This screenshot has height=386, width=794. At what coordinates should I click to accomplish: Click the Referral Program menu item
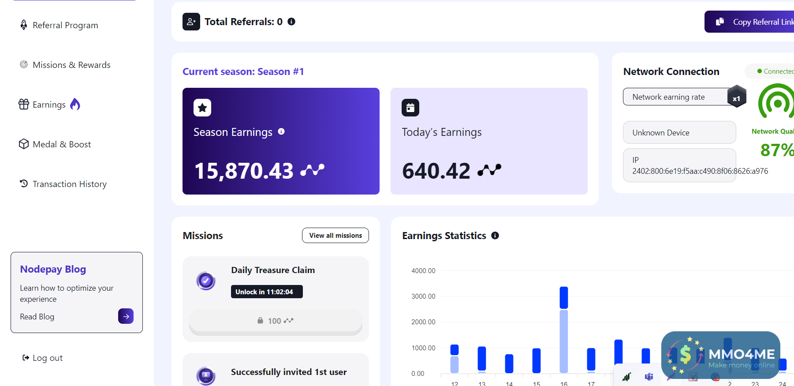pyautogui.click(x=65, y=25)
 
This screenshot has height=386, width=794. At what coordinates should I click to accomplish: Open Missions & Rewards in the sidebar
pyautogui.click(x=71, y=65)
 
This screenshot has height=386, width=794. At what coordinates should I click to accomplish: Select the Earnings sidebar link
pyautogui.click(x=49, y=105)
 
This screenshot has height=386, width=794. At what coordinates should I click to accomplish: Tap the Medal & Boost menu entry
pyautogui.click(x=61, y=144)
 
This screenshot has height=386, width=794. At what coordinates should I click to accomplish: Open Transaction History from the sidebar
pyautogui.click(x=69, y=184)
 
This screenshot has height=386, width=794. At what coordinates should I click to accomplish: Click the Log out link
pyautogui.click(x=47, y=358)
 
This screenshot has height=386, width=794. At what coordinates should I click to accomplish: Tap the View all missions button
pyautogui.click(x=335, y=236)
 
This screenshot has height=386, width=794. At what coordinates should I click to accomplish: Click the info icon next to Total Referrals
pyautogui.click(x=291, y=22)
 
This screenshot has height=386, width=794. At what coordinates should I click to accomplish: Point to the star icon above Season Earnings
pyautogui.click(x=202, y=108)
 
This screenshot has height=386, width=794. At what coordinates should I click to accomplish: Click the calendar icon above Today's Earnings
pyautogui.click(x=410, y=108)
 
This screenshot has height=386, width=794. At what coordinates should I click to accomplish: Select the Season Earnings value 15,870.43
pyautogui.click(x=244, y=171)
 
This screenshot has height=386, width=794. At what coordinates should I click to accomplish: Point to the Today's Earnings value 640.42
pyautogui.click(x=436, y=171)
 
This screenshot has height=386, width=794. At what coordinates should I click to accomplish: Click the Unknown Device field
pyautogui.click(x=679, y=132)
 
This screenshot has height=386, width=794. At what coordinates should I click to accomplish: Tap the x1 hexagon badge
pyautogui.click(x=736, y=97)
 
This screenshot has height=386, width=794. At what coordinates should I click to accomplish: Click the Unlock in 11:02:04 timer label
pyautogui.click(x=267, y=292)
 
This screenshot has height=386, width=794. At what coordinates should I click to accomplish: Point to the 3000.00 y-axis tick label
pyautogui.click(x=423, y=296)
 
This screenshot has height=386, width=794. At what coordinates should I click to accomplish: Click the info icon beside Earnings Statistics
pyautogui.click(x=495, y=236)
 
